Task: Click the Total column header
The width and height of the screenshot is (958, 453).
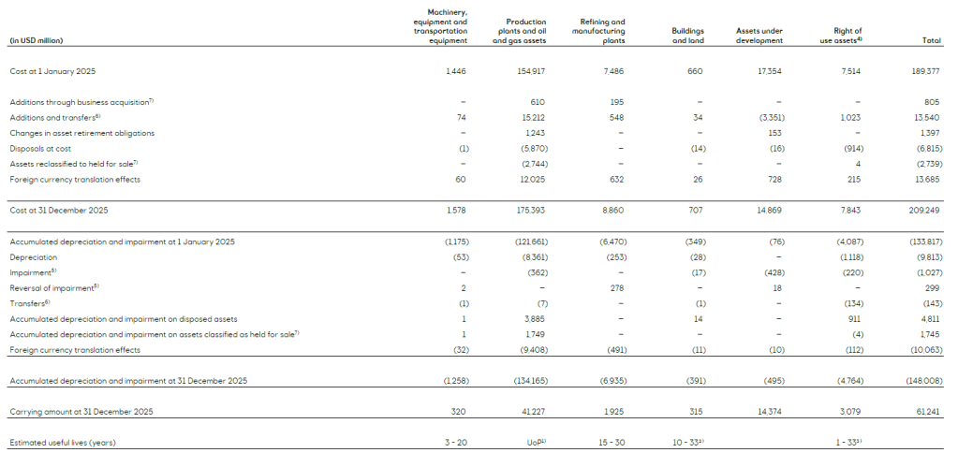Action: [931, 40]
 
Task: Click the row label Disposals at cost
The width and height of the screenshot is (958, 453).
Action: [43, 148]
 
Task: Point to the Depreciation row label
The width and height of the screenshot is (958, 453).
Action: [34, 256]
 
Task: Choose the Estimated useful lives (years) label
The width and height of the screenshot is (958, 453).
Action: [63, 441]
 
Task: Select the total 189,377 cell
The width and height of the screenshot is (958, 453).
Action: [925, 72]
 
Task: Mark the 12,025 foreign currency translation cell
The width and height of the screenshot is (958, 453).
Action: [531, 179]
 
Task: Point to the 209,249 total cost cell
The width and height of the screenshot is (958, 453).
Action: [925, 211]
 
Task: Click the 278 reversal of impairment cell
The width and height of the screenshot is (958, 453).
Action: [617, 287]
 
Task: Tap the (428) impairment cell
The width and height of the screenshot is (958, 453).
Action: [772, 271]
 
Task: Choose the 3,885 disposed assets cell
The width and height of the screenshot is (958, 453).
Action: [535, 318]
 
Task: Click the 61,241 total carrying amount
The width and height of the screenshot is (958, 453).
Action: [927, 411]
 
